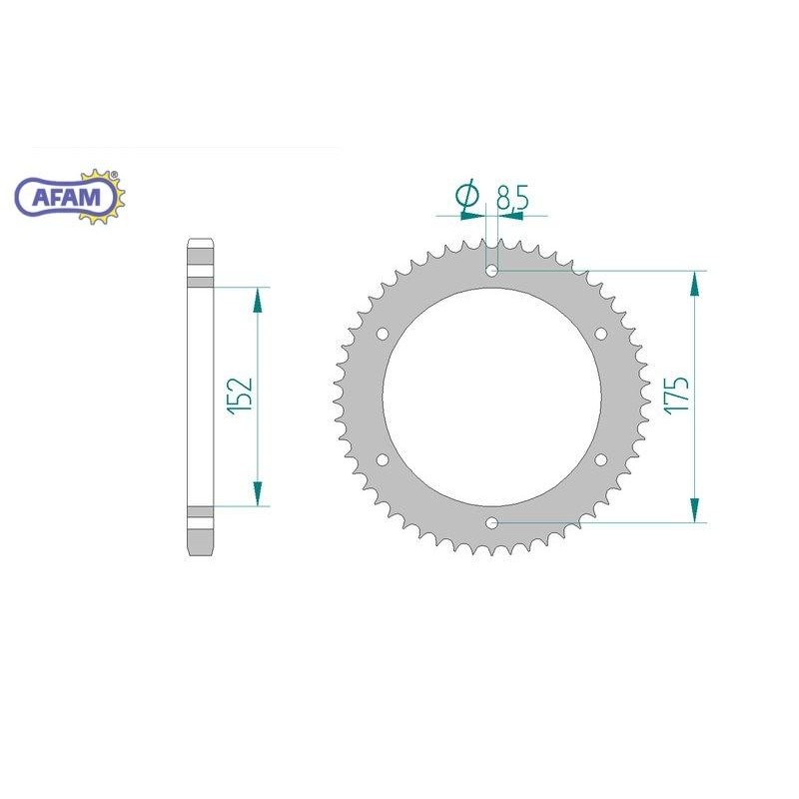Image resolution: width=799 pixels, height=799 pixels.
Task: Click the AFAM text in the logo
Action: [x=66, y=197]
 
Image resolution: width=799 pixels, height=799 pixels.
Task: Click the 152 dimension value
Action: [x=241, y=396]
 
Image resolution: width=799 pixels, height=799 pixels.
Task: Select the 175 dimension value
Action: [x=677, y=396]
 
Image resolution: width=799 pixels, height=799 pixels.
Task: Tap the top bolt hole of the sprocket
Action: [x=491, y=271]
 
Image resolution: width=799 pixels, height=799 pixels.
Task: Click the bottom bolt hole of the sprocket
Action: [x=491, y=522]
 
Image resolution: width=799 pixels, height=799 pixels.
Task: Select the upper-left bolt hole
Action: [x=383, y=335]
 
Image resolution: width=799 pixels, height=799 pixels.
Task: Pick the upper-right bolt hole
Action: [x=601, y=335]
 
